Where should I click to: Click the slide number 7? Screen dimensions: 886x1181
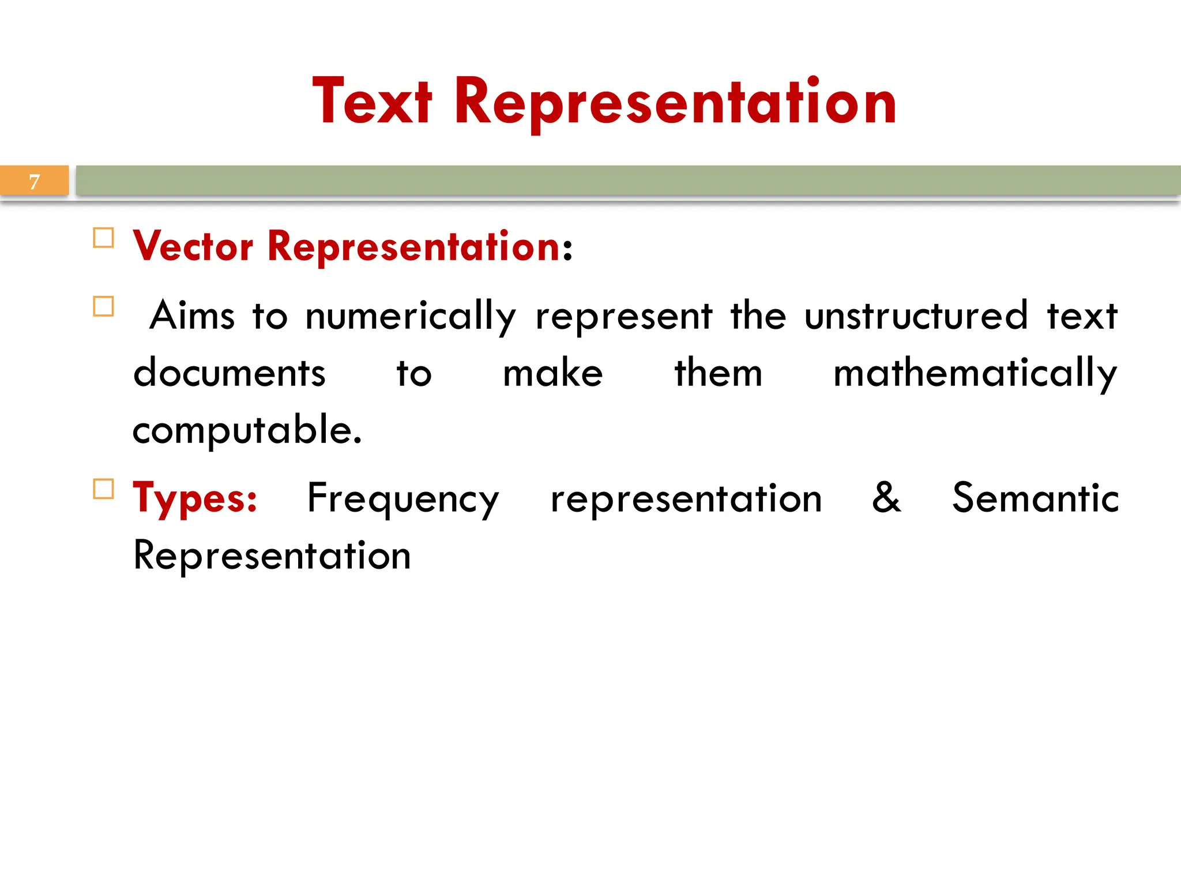click(35, 182)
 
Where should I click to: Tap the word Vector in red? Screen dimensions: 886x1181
click(193, 246)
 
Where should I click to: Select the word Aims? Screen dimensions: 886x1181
click(192, 316)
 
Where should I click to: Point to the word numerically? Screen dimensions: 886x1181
click(410, 317)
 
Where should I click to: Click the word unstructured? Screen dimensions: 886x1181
click(916, 316)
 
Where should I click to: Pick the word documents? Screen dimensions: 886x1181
click(230, 373)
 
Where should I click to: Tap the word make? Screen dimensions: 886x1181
click(552, 373)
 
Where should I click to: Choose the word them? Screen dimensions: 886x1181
click(719, 373)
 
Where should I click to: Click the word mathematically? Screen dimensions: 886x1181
click(975, 374)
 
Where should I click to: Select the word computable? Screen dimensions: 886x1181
click(247, 430)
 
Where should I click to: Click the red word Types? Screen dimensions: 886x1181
click(195, 498)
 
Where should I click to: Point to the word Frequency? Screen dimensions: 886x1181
click(403, 498)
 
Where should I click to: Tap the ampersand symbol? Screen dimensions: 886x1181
click(886, 497)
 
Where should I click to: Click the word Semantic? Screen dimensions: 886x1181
click(1035, 497)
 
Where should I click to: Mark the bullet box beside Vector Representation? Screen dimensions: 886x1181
click(104, 238)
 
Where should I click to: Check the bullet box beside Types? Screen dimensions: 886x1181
click(104, 489)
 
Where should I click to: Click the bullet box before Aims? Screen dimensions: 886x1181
click(104, 306)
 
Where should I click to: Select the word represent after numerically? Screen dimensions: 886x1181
click(624, 317)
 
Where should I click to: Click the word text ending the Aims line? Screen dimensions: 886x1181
click(1082, 316)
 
